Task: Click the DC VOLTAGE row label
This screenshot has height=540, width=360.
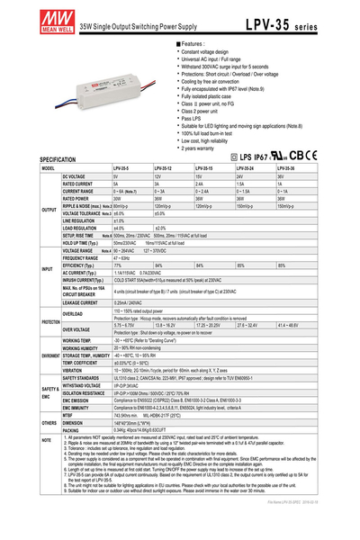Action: point(76,176)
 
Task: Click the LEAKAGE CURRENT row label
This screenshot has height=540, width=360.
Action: point(80,302)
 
